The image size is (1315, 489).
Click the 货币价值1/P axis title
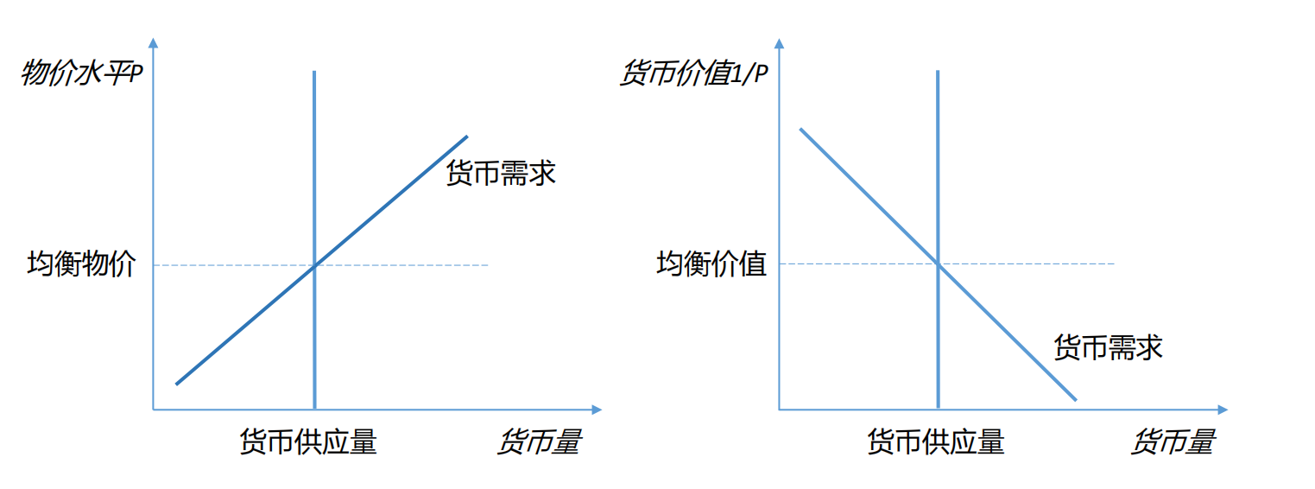[x=692, y=73]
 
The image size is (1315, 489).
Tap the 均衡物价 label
[x=81, y=264]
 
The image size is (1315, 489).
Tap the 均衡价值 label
[x=711, y=264]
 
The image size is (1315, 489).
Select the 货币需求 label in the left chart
[x=500, y=173]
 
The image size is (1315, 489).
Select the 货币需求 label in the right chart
[x=1108, y=347]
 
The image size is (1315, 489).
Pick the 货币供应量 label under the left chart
[x=308, y=442]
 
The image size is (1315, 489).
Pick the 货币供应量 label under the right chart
[x=936, y=442]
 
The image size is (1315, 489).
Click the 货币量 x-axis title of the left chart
[x=538, y=442]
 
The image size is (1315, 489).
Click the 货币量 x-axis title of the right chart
[x=1172, y=442]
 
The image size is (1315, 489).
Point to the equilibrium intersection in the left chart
[x=314, y=264]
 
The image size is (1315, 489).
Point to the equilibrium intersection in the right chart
[x=938, y=264]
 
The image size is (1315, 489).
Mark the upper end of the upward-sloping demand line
[x=466, y=137]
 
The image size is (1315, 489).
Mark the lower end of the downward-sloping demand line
[x=1076, y=400]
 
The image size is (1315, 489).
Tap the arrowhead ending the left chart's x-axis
[x=597, y=409]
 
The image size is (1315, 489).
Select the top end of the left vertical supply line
[x=314, y=72]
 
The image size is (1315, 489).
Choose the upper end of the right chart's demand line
[x=801, y=130]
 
